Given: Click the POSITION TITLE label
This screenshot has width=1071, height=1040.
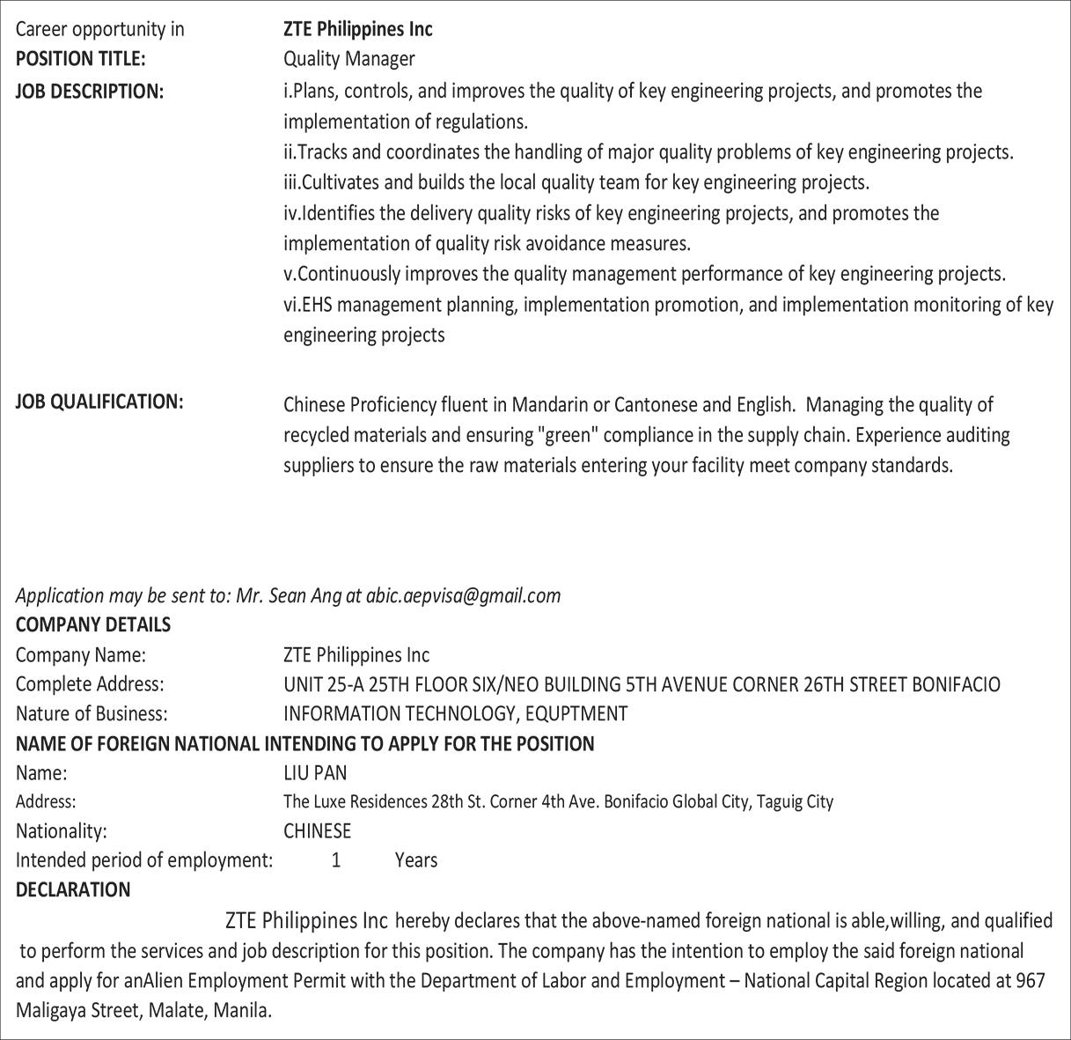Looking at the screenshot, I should (80, 59).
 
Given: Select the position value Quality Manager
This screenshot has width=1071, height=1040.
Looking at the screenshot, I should (348, 59).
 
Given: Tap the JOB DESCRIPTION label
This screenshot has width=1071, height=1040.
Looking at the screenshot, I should (90, 91).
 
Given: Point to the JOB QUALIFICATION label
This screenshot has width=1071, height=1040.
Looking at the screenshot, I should (99, 402).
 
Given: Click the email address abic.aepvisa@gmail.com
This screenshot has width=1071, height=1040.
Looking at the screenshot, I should (463, 595).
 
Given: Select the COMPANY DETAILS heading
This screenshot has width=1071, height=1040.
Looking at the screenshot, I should (93, 624).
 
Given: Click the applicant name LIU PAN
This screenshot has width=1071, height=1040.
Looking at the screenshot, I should (315, 772).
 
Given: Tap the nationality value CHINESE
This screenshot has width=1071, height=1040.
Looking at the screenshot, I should (317, 830).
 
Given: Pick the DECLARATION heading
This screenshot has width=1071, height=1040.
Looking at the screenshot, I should (73, 889).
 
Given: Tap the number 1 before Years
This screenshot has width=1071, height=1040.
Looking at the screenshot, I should (336, 859).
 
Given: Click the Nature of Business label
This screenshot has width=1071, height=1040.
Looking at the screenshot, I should (92, 713).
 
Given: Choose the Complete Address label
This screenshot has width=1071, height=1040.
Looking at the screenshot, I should (90, 683).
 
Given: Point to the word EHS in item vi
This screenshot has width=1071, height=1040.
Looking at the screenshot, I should (317, 305).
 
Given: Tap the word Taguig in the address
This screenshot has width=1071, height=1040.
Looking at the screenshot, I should (778, 801).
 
